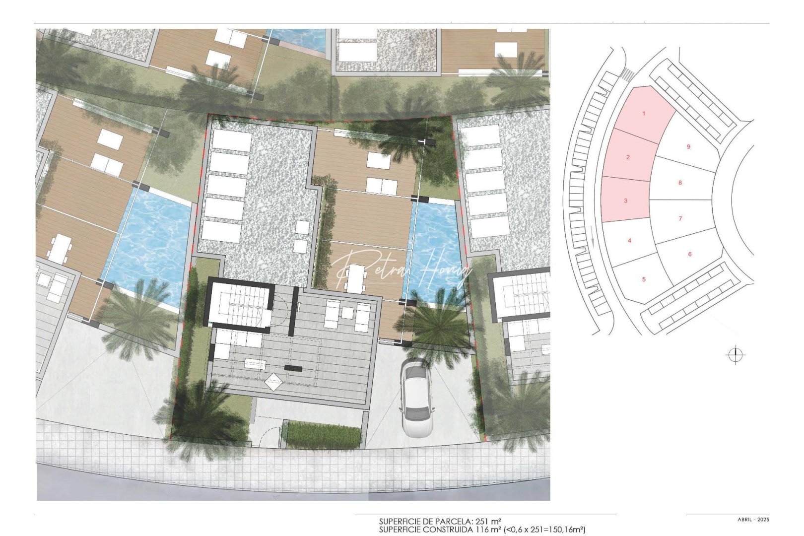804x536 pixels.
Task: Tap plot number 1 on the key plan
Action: pos(644,114)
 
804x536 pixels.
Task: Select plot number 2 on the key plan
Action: pos(628,157)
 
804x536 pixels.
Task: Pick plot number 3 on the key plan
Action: pos(626,201)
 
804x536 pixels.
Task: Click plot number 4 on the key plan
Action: pos(629,241)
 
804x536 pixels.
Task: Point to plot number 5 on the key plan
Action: pos(644,279)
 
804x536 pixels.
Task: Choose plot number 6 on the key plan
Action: pos(690,254)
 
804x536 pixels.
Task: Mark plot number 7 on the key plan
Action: pos(680,218)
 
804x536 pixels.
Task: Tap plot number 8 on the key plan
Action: pos(680,183)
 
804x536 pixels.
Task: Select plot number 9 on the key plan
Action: pos(688,147)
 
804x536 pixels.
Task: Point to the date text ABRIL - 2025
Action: pos(753,520)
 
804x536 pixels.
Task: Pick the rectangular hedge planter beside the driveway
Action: pos(324,434)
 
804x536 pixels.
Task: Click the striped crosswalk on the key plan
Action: pos(627,75)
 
